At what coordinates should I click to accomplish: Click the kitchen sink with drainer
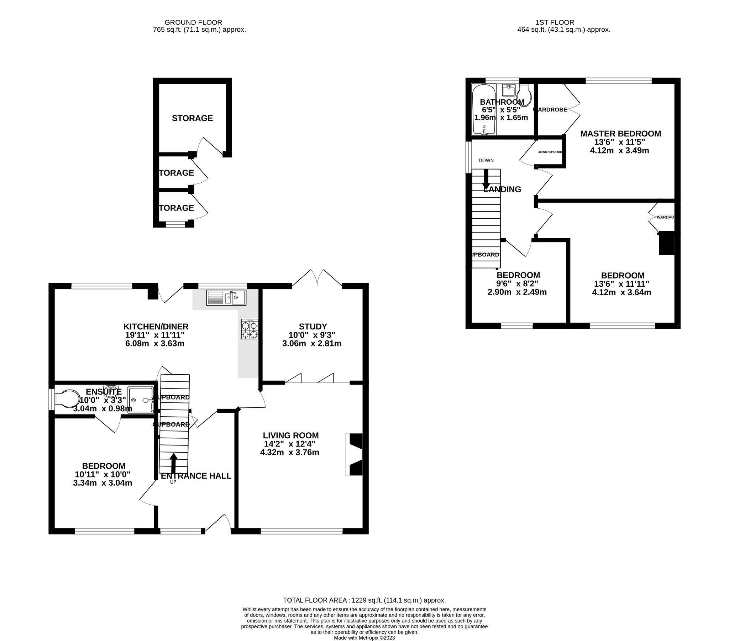click(x=226, y=298)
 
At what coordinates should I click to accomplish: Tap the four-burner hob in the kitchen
click(x=249, y=329)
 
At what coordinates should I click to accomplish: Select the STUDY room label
click(x=313, y=326)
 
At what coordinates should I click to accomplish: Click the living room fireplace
click(x=354, y=454)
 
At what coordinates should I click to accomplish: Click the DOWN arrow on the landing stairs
click(x=486, y=179)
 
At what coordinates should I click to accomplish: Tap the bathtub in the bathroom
click(x=484, y=110)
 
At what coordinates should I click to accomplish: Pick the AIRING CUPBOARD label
click(x=550, y=152)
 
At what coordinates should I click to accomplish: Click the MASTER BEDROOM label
click(x=620, y=134)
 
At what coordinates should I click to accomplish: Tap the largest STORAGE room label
click(x=192, y=118)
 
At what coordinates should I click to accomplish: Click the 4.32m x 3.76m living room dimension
click(x=289, y=453)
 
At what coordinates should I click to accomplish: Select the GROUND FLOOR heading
click(x=193, y=22)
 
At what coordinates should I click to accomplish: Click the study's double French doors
click(x=317, y=279)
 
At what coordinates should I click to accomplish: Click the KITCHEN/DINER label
click(x=156, y=326)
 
